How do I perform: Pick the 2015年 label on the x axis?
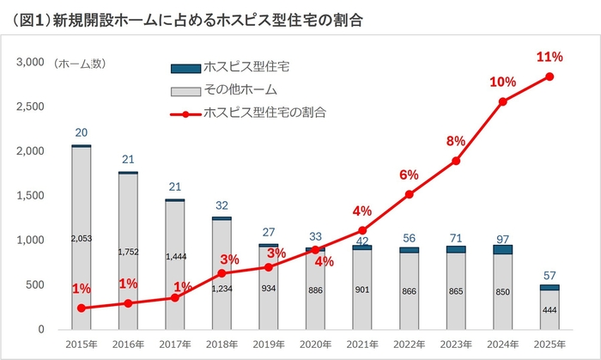point(82,344)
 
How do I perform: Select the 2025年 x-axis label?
point(549,344)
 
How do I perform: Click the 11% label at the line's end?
point(549,57)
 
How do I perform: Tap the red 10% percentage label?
point(502,82)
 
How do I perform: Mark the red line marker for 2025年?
point(549,76)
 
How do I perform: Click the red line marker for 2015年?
point(82,308)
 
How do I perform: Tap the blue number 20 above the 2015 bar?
point(82,133)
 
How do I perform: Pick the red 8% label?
point(455,141)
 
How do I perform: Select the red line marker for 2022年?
point(409,194)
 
